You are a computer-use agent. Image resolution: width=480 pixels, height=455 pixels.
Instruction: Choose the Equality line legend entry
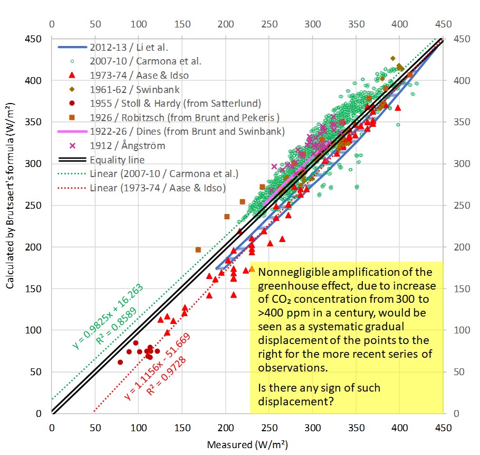click(117, 160)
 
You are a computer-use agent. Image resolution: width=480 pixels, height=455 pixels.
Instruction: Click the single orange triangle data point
click(252, 268)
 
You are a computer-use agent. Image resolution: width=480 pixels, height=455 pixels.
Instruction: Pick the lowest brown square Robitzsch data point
click(198, 249)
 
